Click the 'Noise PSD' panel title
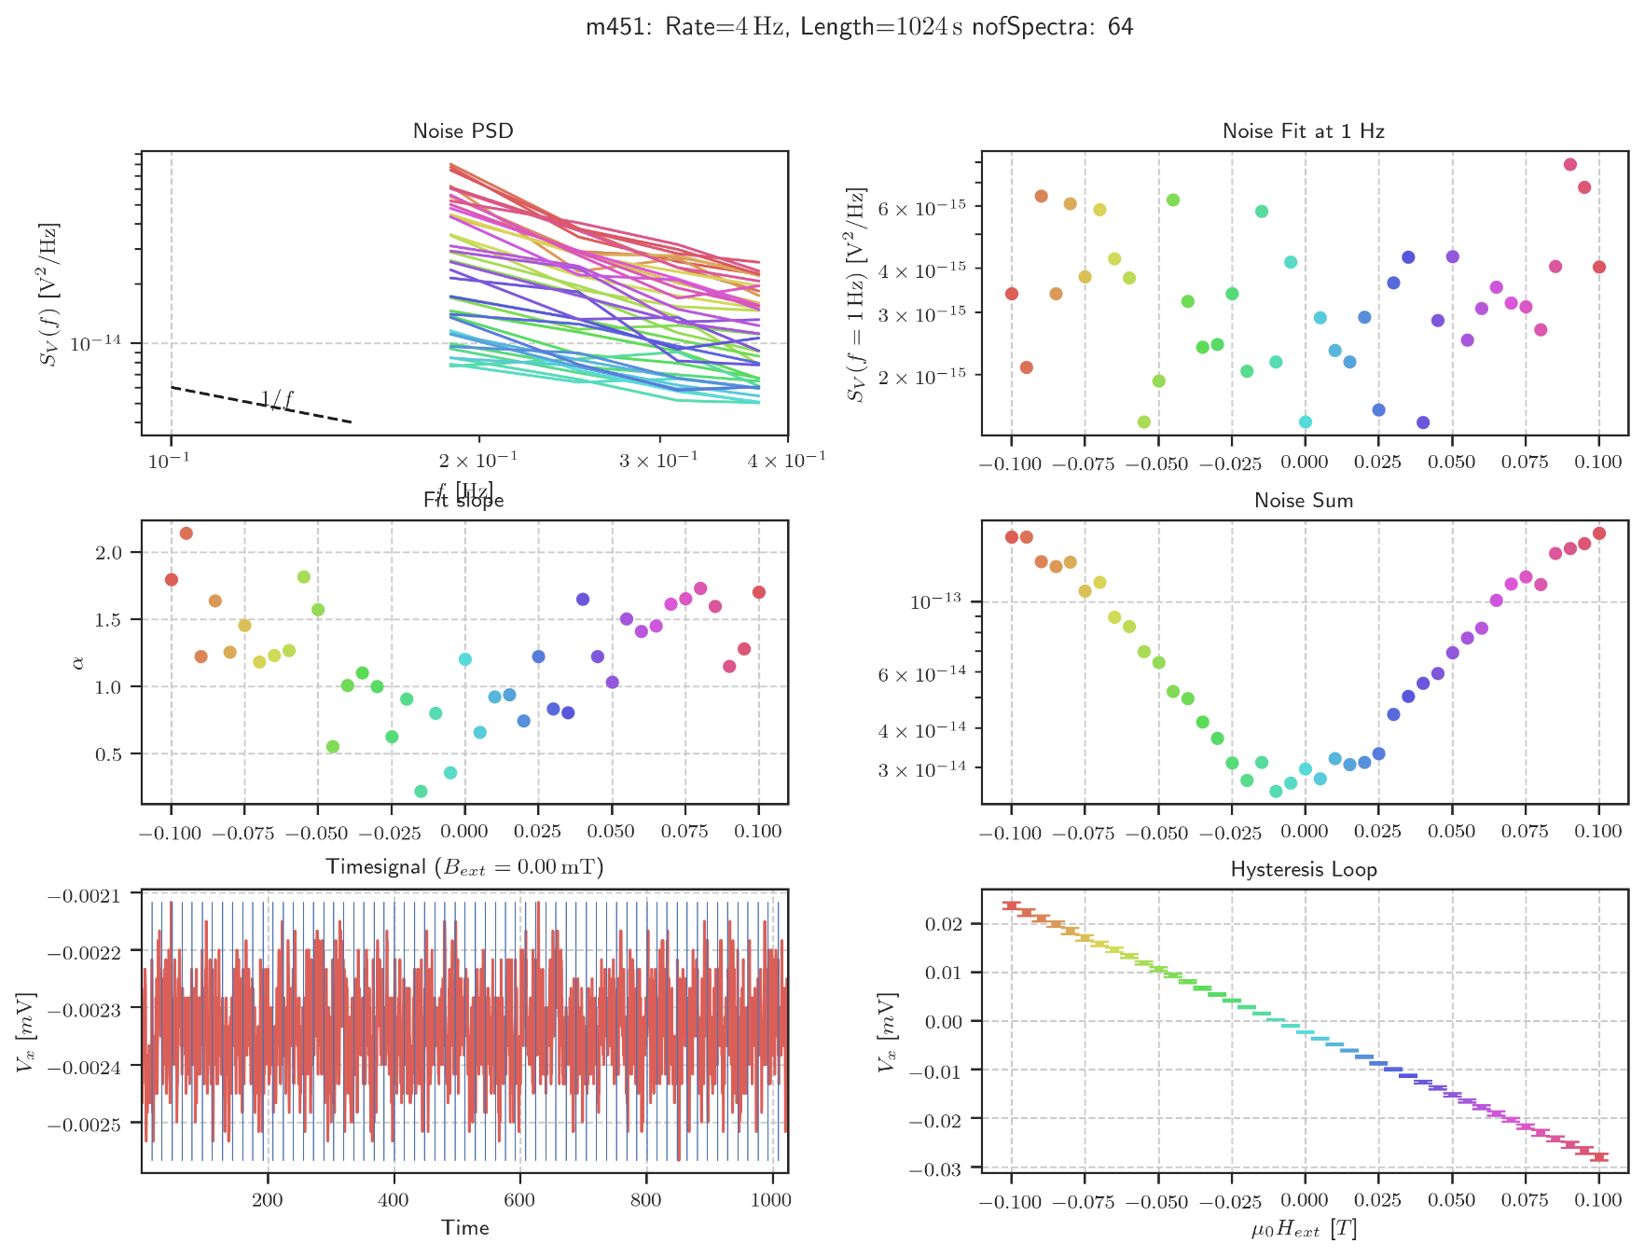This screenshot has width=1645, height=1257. [x=463, y=131]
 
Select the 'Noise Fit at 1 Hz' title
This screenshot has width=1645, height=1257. [x=1304, y=131]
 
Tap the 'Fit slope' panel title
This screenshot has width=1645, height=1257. [x=463, y=501]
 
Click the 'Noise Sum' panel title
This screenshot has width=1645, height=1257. [x=1304, y=501]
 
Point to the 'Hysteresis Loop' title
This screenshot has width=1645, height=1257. [x=1304, y=870]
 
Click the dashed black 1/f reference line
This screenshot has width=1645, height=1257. [x=261, y=405]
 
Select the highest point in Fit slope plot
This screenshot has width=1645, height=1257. [x=187, y=533]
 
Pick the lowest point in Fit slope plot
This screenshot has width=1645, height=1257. [x=421, y=792]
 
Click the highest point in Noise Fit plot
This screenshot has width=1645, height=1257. [x=1570, y=165]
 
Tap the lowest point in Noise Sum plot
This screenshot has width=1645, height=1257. [x=1276, y=792]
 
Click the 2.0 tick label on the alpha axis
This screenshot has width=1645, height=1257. [x=109, y=553]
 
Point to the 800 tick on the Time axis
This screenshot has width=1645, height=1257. [x=645, y=1200]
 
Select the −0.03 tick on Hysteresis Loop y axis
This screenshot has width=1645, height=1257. [x=947, y=1167]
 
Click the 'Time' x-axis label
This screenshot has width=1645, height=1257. [x=465, y=1228]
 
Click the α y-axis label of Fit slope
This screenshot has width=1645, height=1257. [x=78, y=662]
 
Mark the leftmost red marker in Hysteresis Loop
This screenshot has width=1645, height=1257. [x=1012, y=905]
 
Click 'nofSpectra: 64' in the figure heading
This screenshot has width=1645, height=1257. [x=1053, y=27]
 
